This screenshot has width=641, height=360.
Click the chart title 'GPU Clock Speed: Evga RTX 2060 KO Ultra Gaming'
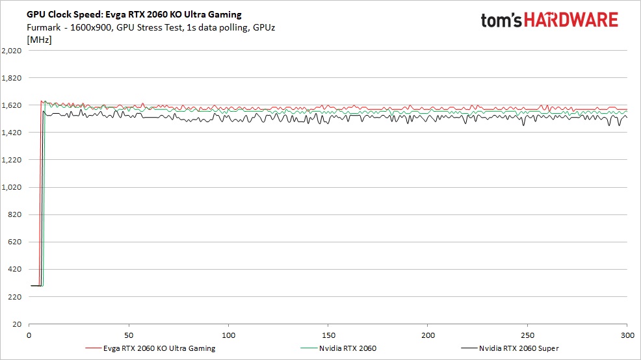[134, 14]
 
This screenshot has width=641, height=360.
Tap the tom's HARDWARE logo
[549, 20]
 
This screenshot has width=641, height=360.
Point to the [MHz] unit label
[39, 40]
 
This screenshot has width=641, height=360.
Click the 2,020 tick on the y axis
[12, 51]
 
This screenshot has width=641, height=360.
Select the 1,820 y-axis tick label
[12, 78]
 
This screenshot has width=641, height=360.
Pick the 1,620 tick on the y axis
[12, 105]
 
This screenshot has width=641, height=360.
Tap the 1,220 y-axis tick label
[12, 160]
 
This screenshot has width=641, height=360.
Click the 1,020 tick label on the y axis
[12, 187]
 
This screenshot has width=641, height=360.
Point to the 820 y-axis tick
[15, 214]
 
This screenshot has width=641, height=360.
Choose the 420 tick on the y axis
[15, 269]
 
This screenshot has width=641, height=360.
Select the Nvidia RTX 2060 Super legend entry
[518, 348]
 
